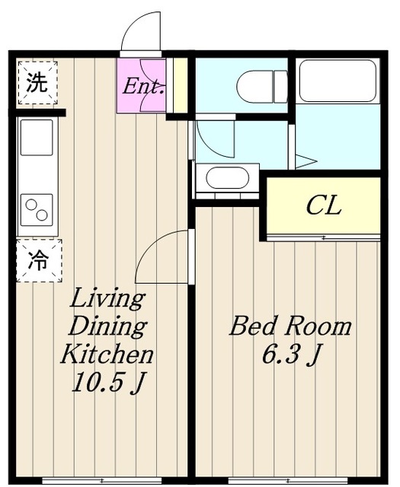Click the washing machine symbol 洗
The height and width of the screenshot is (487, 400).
tap(37, 83)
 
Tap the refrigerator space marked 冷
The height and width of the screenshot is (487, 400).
tap(39, 260)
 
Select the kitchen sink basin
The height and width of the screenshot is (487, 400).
tap(37, 138)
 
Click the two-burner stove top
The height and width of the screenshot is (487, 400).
tap(37, 210)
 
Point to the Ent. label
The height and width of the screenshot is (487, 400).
tap(143, 87)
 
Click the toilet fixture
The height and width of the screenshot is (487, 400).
tap(262, 87)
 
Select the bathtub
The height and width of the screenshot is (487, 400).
tap(338, 81)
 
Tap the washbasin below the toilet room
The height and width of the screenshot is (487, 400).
tap(228, 177)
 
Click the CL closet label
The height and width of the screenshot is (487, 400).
tap(324, 205)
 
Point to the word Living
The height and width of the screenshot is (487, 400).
tap(107, 299)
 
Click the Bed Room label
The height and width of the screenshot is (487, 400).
tap(290, 326)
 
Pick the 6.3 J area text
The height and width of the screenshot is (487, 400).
tap(292, 355)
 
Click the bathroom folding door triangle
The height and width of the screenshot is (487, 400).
tap(306, 161)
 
